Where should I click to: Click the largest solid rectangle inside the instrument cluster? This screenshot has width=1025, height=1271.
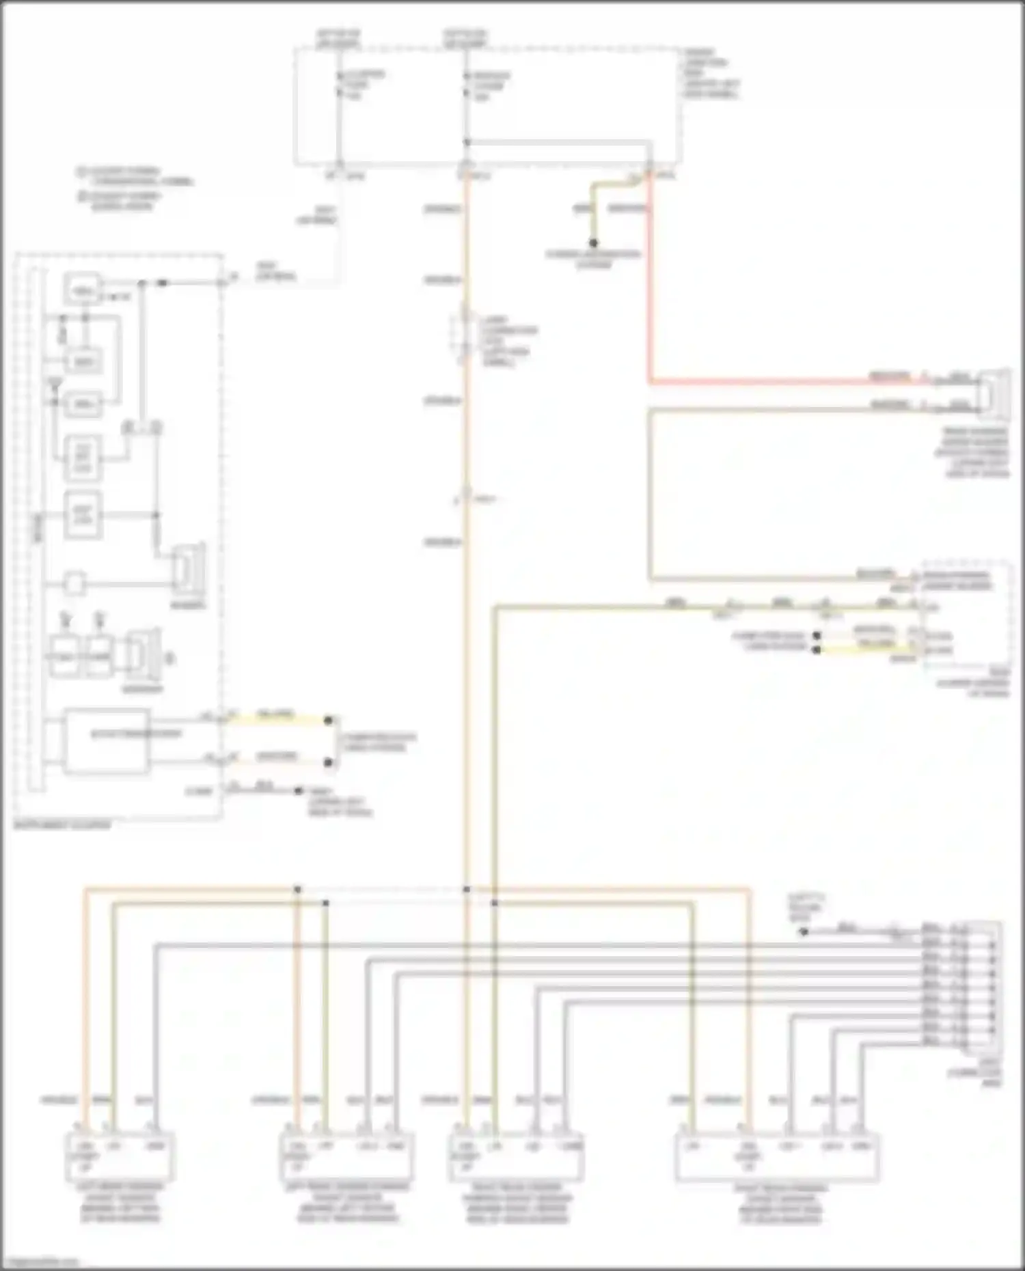(x=107, y=742)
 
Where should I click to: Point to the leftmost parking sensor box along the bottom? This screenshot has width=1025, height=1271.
(x=120, y=1156)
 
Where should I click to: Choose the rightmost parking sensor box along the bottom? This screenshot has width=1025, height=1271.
(x=777, y=1156)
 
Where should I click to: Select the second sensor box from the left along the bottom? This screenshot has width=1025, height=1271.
(x=346, y=1156)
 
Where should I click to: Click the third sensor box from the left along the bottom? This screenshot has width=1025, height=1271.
(x=516, y=1156)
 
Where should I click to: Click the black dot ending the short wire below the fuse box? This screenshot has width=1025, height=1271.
(x=593, y=243)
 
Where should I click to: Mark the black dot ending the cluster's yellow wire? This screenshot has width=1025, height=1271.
(x=329, y=721)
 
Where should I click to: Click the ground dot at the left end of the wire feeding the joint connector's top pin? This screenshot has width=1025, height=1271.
(x=804, y=931)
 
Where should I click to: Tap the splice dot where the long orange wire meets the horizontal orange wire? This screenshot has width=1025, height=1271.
(x=467, y=889)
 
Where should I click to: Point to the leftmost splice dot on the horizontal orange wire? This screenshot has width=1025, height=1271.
(x=297, y=889)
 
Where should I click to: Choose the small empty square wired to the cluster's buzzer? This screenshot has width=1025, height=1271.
(x=75, y=583)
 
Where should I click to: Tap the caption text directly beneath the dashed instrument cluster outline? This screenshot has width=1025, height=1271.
(x=62, y=825)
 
